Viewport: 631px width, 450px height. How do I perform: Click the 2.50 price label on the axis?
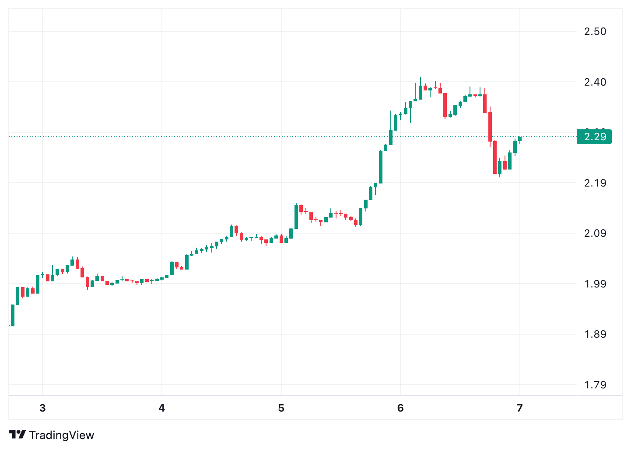point(595,31)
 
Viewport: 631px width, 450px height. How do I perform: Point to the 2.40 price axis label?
point(595,82)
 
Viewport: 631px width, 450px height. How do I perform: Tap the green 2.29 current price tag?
point(594,137)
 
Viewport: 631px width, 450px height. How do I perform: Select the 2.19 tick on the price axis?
point(595,183)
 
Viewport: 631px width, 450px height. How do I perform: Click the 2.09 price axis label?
point(595,233)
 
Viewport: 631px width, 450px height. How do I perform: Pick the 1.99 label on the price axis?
point(595,284)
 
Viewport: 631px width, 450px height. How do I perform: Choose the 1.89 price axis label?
point(595,334)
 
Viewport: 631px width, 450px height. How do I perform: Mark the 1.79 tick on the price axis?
point(595,385)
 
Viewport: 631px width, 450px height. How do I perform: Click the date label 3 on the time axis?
point(42,408)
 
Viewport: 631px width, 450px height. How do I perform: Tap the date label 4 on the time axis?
point(162,408)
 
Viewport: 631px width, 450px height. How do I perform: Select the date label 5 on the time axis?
point(281,408)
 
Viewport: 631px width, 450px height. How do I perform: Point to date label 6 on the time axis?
point(400,408)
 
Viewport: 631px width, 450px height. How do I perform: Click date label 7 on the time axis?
point(519,408)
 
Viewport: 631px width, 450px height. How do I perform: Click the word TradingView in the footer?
point(62,435)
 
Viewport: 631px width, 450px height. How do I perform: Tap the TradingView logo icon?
point(18,435)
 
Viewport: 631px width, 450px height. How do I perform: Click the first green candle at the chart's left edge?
point(13,315)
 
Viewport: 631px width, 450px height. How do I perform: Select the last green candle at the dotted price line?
point(520,139)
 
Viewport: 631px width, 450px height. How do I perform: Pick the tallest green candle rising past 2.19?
point(381,167)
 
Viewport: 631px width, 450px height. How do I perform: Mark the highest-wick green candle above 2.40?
point(421,92)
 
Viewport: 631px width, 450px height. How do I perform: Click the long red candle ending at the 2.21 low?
point(495,157)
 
